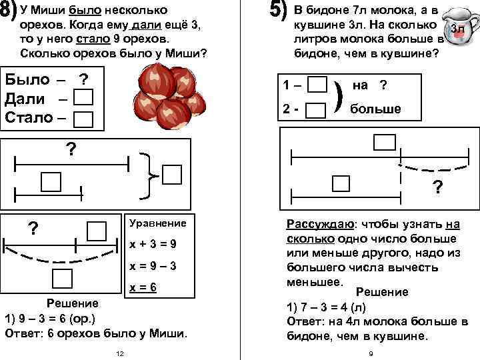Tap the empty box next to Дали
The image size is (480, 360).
[83, 99]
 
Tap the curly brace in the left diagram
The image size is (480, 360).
[149, 175]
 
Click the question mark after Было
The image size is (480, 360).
[83, 79]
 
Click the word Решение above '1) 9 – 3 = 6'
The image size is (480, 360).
[76, 302]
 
